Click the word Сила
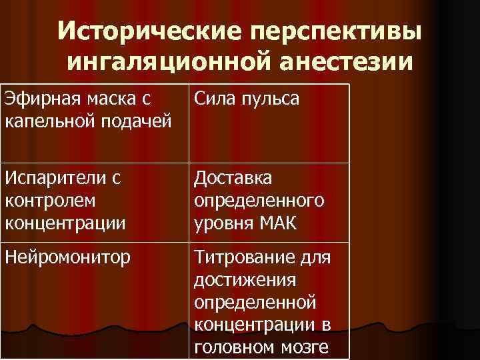(x=213, y=99)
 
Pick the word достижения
(x=234, y=281)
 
